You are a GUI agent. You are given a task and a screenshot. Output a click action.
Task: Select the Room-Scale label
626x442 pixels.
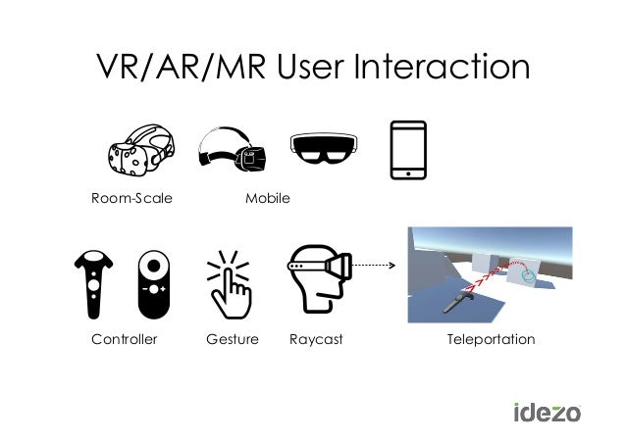click(131, 198)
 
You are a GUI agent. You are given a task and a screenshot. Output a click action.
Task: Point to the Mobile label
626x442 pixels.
click(267, 198)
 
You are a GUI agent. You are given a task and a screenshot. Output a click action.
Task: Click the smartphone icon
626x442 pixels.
click(408, 150)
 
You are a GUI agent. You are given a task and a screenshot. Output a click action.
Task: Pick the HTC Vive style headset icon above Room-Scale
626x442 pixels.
click(142, 152)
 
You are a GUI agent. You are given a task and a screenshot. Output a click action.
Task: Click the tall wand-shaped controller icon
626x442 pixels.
click(93, 284)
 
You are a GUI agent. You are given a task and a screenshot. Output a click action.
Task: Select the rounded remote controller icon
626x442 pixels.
click(153, 284)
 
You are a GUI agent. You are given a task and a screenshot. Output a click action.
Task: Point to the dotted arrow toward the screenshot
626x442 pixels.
click(373, 265)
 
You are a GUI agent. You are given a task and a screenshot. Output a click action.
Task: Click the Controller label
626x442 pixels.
click(125, 339)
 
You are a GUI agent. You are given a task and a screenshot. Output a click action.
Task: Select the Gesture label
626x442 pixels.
click(233, 339)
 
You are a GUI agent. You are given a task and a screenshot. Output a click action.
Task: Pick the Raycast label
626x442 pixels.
click(316, 339)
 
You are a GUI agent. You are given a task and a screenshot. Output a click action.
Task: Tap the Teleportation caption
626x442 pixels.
click(491, 339)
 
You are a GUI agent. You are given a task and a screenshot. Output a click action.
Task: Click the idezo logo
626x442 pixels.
click(547, 411)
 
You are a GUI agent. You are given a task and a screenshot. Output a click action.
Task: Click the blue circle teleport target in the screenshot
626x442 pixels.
click(531, 278)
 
